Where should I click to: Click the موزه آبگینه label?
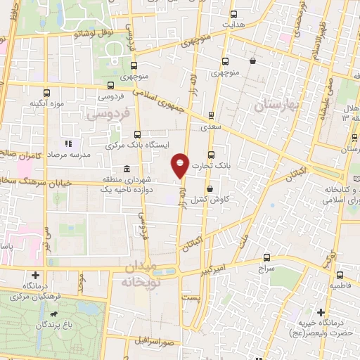pos(47,104)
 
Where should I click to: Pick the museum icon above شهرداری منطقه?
pos(126,169)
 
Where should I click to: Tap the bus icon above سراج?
pos(266,257)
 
